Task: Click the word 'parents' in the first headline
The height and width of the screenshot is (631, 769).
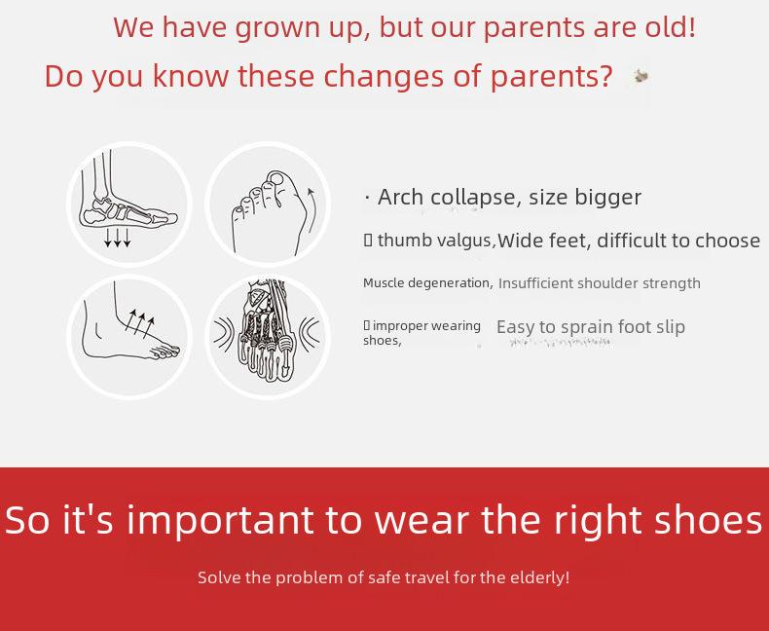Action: pos(534,27)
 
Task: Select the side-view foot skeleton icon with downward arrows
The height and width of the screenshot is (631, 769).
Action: pos(129,204)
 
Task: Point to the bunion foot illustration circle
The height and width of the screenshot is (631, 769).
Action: pos(268,204)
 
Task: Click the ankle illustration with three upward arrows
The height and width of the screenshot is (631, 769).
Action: pos(129,337)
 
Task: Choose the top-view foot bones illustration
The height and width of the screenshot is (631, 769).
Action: pos(268,337)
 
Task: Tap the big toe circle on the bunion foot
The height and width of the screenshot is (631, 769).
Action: pos(276,178)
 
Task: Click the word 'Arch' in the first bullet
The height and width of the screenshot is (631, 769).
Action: pos(400,197)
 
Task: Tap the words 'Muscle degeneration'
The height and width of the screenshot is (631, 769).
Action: pos(427,283)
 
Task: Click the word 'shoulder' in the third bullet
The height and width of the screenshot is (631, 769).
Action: pos(608,283)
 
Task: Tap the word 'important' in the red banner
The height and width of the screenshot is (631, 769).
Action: pos(220,521)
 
